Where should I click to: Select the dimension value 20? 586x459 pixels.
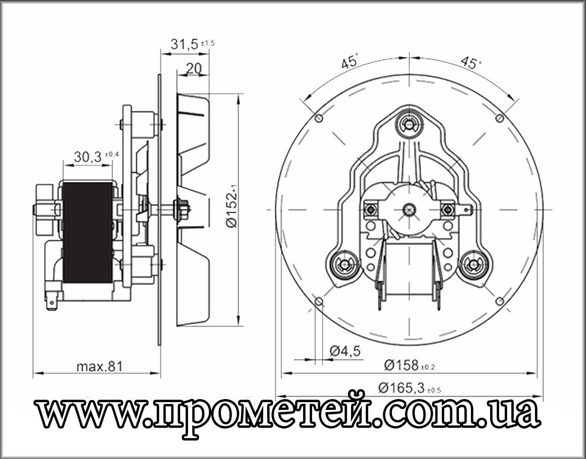[194, 69]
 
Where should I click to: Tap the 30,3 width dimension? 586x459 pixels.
[88, 157]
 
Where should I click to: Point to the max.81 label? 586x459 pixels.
[99, 367]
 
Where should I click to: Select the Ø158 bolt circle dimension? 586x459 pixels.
[401, 365]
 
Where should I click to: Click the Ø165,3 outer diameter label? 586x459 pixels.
[401, 388]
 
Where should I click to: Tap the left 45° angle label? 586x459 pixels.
[350, 62]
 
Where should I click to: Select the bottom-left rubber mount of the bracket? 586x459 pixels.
[343, 264]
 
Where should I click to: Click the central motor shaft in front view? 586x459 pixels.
[409, 209]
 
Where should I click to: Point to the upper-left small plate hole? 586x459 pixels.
[319, 119]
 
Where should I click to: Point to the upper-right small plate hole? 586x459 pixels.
[500, 119]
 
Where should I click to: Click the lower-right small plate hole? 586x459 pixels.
[500, 301]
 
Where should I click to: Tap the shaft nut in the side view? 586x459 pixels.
[182, 209]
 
